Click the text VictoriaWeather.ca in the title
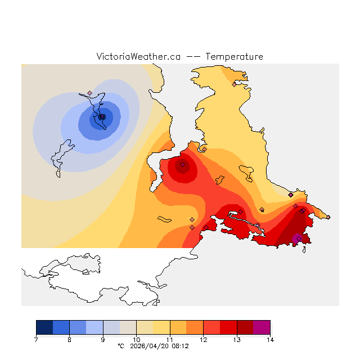tap(138, 57)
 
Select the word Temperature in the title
tap(234, 57)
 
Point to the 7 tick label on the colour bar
tap(36, 339)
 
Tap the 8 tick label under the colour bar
tap(69, 339)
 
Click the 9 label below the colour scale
tap(103, 339)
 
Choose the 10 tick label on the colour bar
tap(136, 339)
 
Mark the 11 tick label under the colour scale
tap(169, 339)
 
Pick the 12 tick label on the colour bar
tap(203, 339)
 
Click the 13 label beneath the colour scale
tap(236, 339)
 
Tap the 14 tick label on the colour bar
tap(269, 339)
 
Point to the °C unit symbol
tap(120, 346)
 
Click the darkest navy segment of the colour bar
tap(44, 327)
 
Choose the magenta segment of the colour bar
tap(262, 327)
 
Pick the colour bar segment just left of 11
tap(161, 327)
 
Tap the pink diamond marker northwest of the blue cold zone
tap(89, 93)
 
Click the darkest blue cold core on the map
tap(102, 117)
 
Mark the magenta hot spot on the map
tap(297, 238)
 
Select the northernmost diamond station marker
tap(234, 84)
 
